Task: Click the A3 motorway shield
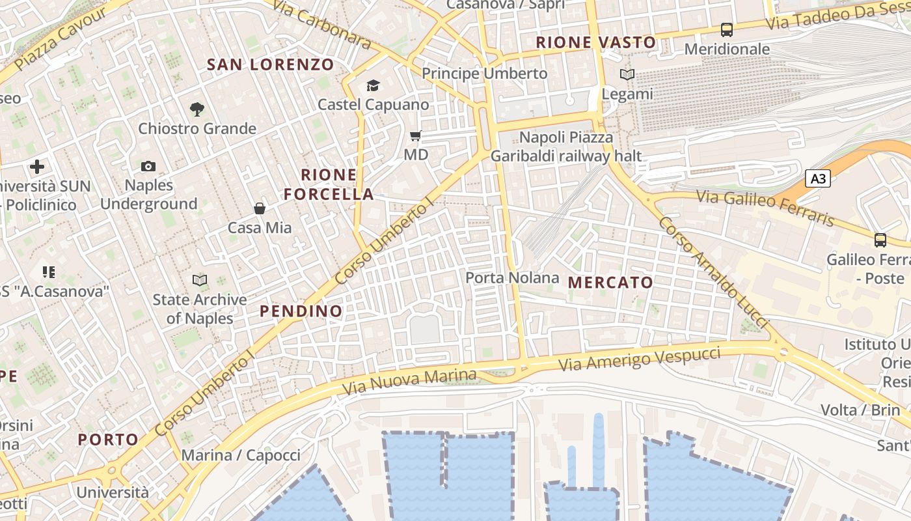coord(818,178)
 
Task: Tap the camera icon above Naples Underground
coord(148,166)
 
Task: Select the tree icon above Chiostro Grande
coord(197,109)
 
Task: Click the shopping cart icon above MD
coord(415,136)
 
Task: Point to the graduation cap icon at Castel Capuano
coord(373,85)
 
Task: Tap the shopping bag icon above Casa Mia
coord(260,208)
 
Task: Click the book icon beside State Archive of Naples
coord(200,281)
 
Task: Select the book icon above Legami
coord(627,75)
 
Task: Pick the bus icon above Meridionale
coord(727,30)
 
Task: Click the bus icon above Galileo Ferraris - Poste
coord(880,240)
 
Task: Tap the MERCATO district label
coord(610,283)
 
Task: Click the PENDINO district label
coord(301,311)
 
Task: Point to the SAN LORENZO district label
coord(270,64)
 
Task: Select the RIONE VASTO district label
coord(595,43)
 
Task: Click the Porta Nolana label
coord(512,278)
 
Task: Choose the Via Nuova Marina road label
coord(409,382)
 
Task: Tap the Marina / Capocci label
coord(241,455)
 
